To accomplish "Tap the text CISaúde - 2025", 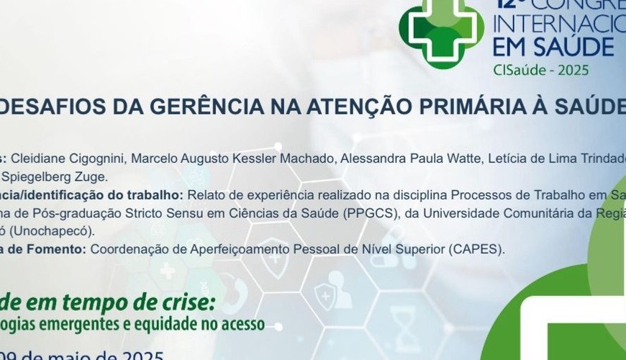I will pyautogui.click(x=541, y=70).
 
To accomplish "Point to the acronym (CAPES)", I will pyautogui.click(x=478, y=250).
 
